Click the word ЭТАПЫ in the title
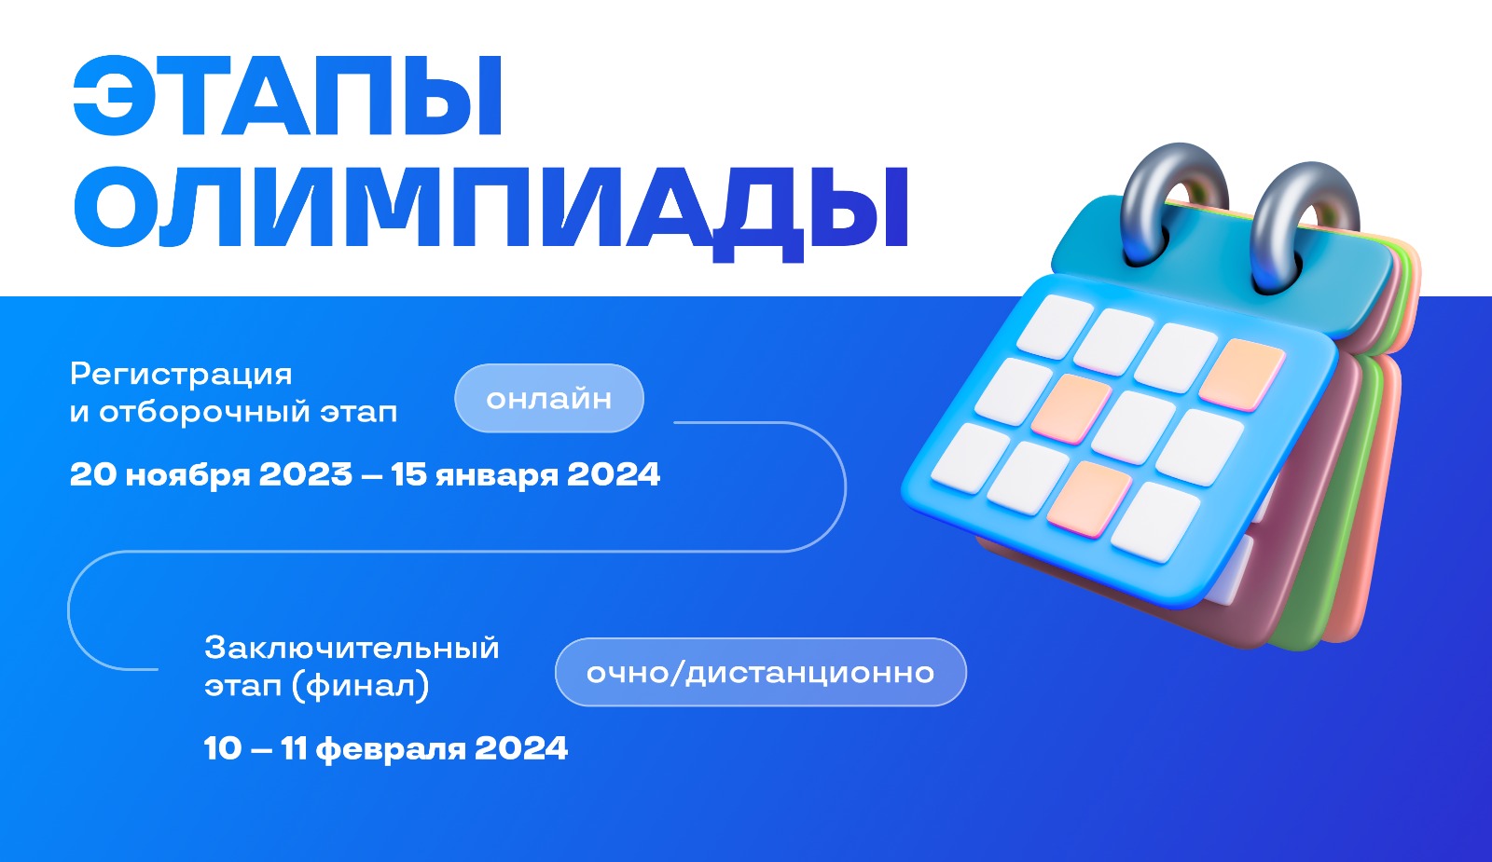[x=286, y=96]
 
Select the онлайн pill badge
[x=549, y=398]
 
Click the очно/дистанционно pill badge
[x=761, y=672]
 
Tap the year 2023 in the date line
[x=306, y=474]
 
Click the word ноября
[x=187, y=476]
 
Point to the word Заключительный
[x=352, y=648]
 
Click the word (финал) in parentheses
[x=360, y=686]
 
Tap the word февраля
[x=391, y=750]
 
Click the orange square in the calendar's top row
[x=1242, y=374]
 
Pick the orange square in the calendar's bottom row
[x=1088, y=499]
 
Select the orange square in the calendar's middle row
[x=1071, y=409]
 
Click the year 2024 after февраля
[x=521, y=749]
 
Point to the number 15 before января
[x=408, y=474]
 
